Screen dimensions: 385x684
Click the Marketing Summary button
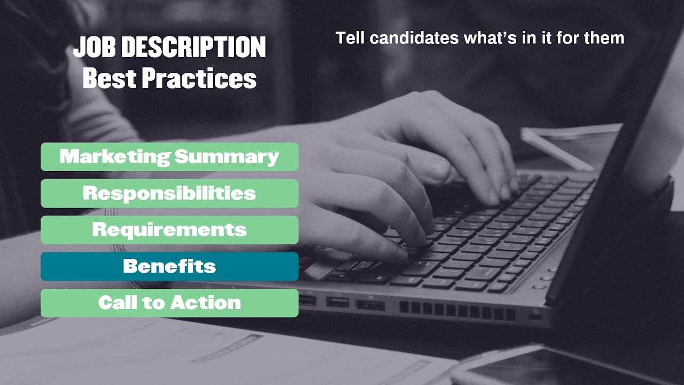169,157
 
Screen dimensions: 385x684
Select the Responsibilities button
169,193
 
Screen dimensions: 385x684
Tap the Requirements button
169,230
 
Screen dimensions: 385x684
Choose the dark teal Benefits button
169,266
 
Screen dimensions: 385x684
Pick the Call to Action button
169,303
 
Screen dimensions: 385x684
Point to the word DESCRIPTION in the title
193,48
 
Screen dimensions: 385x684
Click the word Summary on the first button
227,157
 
